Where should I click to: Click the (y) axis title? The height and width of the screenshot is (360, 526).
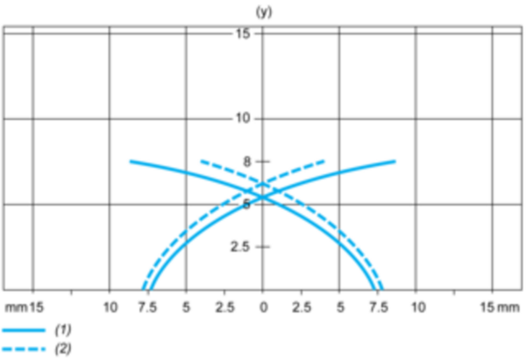coord(264,12)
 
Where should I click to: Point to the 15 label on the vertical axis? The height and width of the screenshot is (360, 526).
coord(243,33)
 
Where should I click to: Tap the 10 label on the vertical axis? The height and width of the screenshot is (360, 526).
coord(243,118)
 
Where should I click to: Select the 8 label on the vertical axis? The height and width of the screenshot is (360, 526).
coord(247,162)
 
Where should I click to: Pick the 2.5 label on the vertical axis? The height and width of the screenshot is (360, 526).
coord(240,247)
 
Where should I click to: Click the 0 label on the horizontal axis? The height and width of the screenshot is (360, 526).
coord(264,307)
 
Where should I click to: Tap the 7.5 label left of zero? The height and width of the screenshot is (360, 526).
coord(147,307)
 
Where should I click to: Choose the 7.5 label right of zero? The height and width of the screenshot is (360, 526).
coord(379,307)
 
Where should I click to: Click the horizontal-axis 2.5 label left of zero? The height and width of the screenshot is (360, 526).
coord(224,307)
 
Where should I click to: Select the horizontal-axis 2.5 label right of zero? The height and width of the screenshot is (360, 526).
coord(302,307)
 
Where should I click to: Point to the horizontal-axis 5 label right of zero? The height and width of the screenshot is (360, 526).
coord(340,307)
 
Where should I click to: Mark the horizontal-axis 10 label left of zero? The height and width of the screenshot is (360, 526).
coord(110,307)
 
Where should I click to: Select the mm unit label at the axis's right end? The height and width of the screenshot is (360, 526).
coord(508,307)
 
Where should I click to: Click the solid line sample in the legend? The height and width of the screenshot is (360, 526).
coord(24,330)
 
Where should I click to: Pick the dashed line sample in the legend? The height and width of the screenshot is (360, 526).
coord(24,349)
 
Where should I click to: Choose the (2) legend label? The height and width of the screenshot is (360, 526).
coord(63,349)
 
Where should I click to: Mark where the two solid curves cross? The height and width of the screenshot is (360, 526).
coord(263,197)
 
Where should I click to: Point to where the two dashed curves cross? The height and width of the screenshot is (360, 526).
coord(263,183)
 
